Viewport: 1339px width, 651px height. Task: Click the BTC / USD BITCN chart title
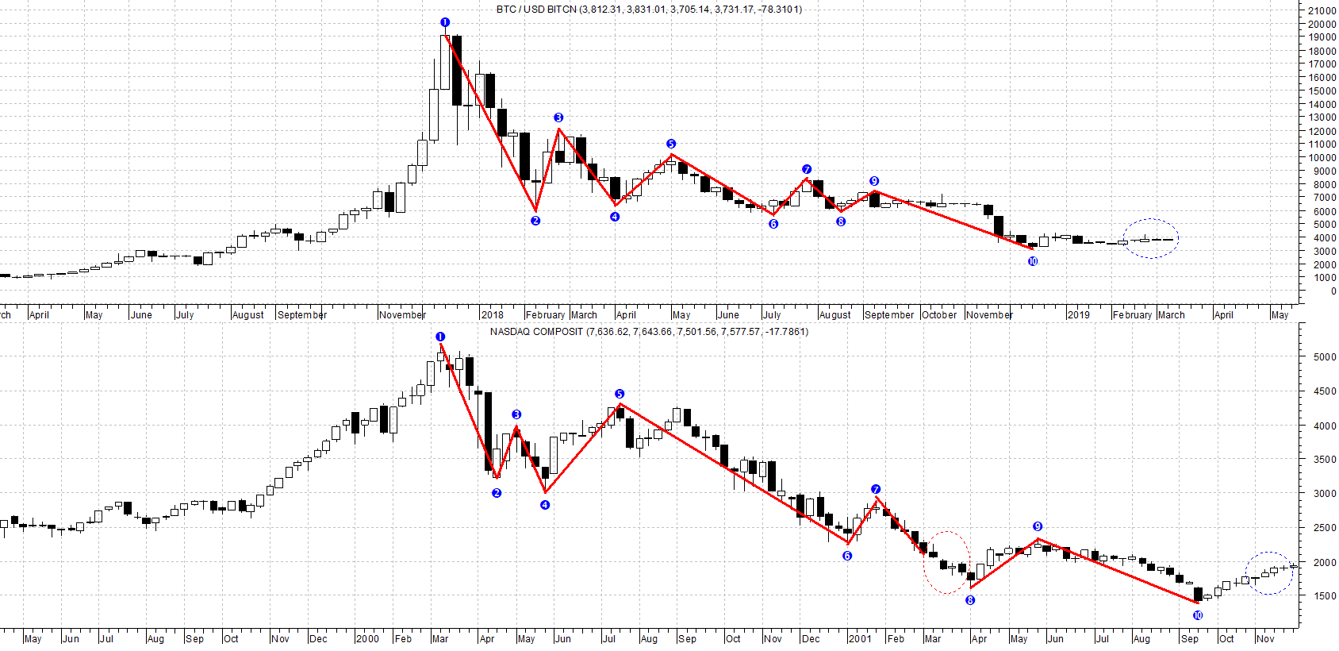click(x=648, y=10)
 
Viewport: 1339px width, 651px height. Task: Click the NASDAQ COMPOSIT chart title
click(x=648, y=332)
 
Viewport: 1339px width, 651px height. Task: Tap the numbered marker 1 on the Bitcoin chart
click(x=445, y=22)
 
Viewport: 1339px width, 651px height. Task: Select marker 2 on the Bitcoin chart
click(x=535, y=221)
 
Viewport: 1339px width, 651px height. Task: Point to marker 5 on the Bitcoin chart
click(x=671, y=144)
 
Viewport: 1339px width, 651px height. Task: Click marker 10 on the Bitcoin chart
click(x=1033, y=261)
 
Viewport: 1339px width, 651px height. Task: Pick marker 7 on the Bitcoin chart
click(x=807, y=169)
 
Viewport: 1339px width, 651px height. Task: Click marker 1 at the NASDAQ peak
click(x=441, y=337)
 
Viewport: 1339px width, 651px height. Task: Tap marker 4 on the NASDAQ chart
click(x=545, y=505)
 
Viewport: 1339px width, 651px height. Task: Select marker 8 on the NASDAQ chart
click(x=970, y=600)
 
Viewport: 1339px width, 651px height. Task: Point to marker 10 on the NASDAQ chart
click(x=1198, y=615)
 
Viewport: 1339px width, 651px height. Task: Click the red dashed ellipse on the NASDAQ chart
click(x=947, y=563)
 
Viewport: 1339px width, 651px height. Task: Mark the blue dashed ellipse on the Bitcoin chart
click(x=1151, y=238)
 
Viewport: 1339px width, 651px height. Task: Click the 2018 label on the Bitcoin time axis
click(x=492, y=315)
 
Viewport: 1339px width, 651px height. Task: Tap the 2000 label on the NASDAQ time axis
click(x=367, y=639)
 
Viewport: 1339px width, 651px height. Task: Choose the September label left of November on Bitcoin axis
click(x=302, y=315)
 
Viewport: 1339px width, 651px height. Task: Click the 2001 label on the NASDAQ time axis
click(x=860, y=639)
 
